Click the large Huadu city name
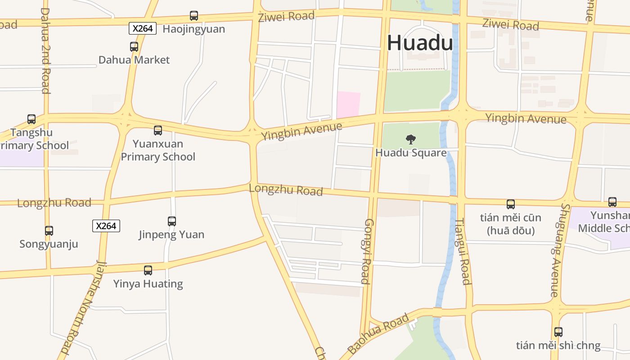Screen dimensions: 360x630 click(x=420, y=43)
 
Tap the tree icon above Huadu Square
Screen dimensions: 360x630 click(x=411, y=139)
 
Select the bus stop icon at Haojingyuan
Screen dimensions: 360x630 click(x=194, y=16)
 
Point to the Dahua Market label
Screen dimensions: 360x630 click(x=134, y=60)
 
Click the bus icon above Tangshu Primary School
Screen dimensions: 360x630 click(x=31, y=119)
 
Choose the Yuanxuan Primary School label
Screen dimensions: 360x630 click(x=158, y=150)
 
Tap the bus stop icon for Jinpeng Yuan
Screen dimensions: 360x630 click(x=172, y=221)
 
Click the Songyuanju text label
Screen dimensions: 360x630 click(x=49, y=244)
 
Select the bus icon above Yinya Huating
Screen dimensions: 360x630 click(x=148, y=270)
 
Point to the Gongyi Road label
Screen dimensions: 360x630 click(x=367, y=252)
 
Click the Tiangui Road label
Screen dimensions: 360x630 click(x=463, y=252)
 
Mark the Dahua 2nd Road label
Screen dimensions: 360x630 click(x=45, y=50)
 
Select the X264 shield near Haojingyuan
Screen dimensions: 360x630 click(x=143, y=28)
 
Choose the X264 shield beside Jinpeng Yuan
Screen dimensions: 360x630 click(x=106, y=225)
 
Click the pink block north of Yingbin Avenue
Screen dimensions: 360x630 click(x=349, y=104)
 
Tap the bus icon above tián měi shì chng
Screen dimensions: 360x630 click(x=558, y=332)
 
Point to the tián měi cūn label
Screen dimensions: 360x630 click(x=510, y=218)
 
